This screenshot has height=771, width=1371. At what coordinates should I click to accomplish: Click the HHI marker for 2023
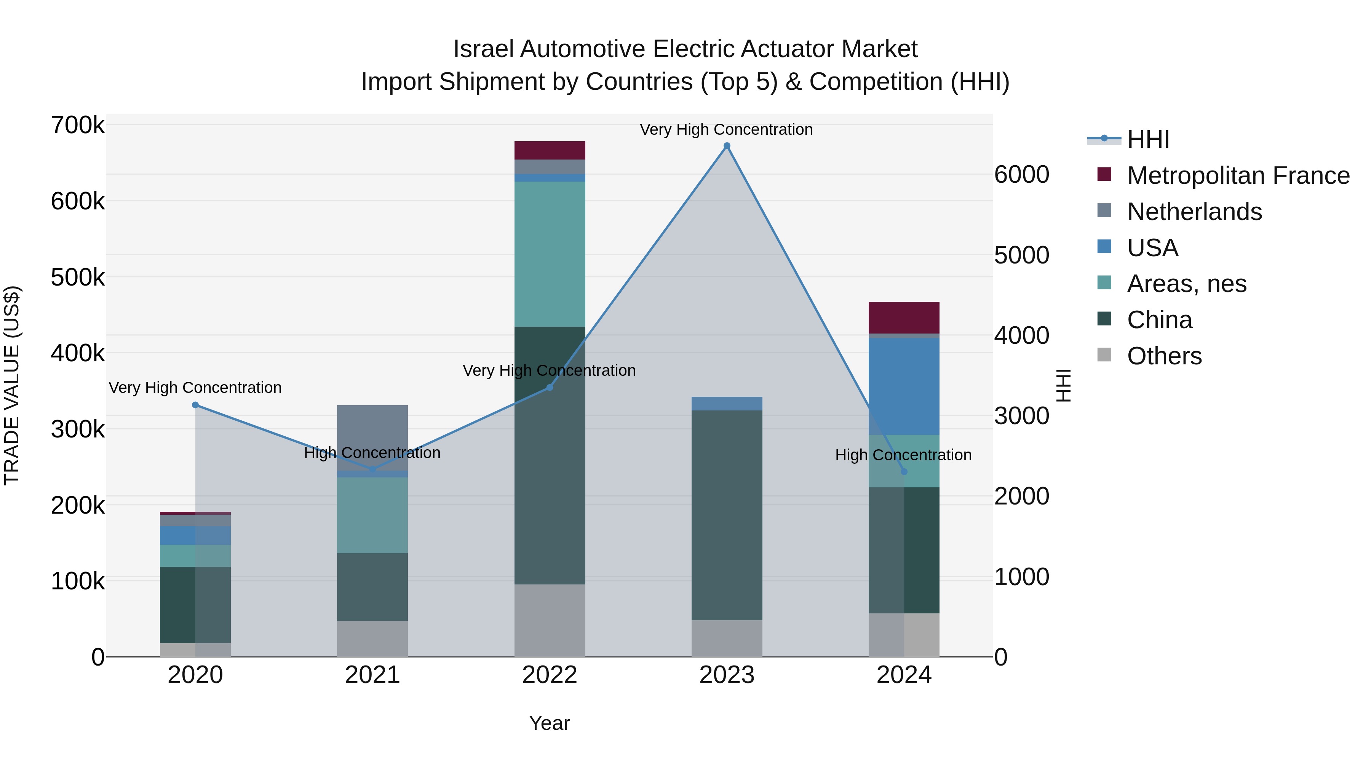tap(727, 146)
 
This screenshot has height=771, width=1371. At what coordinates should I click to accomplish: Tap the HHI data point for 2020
tap(195, 405)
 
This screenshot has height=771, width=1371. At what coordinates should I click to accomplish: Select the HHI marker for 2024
tap(904, 471)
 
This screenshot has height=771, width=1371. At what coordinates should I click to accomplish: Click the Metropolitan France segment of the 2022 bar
tap(550, 150)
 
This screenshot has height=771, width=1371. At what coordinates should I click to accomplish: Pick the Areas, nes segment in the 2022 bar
tap(550, 254)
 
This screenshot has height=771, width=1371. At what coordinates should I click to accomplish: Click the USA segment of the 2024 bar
tap(904, 386)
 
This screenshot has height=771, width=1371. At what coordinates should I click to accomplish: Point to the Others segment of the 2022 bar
tap(550, 621)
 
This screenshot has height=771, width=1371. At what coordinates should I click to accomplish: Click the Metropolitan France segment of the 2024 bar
tap(904, 318)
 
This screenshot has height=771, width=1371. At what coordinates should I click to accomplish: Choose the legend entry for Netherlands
tap(1194, 212)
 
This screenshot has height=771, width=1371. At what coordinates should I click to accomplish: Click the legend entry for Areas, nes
tap(1186, 284)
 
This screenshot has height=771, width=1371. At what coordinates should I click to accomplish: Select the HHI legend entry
tap(1147, 139)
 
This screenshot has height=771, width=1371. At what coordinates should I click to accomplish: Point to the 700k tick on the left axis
tap(78, 126)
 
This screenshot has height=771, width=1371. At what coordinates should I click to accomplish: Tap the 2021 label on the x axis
tap(372, 675)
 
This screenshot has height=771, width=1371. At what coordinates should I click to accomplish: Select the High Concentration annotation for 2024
tap(903, 455)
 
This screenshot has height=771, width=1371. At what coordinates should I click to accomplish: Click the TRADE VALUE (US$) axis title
tap(12, 385)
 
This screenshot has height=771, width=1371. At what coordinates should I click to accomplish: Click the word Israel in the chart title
tap(484, 49)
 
